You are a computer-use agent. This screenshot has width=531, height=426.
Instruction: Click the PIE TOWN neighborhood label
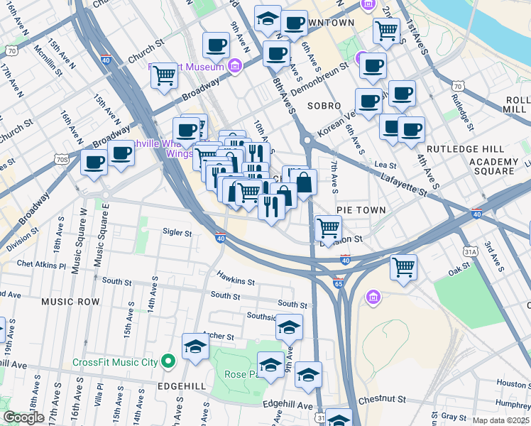pos(361,210)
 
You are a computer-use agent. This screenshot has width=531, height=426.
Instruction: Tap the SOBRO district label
pos(324,105)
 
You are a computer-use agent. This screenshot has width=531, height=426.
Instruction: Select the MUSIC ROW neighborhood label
pos(70,302)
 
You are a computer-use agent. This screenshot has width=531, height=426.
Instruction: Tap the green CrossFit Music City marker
pos(168,363)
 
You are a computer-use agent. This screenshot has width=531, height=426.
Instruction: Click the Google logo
pos(23,418)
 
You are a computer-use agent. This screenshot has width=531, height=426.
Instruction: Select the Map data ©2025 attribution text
pos(501,420)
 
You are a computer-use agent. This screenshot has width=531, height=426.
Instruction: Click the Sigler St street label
pos(177,232)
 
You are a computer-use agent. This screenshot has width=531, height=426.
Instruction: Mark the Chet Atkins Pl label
pos(43,264)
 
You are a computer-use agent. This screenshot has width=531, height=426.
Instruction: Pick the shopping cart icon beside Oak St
pos(403,267)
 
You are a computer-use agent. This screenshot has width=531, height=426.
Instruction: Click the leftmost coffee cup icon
pos(94,163)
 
